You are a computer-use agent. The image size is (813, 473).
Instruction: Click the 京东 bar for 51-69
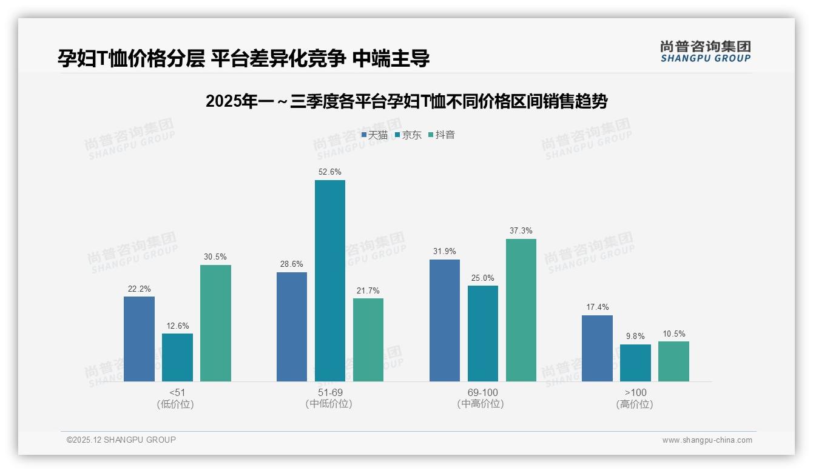click(x=329, y=281)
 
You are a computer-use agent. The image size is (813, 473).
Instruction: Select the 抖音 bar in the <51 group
click(x=215, y=323)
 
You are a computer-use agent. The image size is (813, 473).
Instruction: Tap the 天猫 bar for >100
click(x=597, y=348)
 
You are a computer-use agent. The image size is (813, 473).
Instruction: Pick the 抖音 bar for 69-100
click(x=521, y=310)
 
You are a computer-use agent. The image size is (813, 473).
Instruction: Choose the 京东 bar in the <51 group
click(x=177, y=357)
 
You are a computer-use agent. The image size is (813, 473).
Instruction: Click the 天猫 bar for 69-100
click(x=444, y=320)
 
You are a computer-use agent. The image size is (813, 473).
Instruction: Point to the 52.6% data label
click(x=329, y=172)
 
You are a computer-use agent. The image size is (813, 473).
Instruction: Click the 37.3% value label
click(x=521, y=231)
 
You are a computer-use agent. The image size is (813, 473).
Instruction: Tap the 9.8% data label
click(x=635, y=337)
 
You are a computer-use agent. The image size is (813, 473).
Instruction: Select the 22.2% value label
click(x=139, y=289)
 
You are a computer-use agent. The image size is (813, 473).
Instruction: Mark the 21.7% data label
click(x=368, y=290)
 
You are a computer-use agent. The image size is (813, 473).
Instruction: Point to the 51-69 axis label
click(x=329, y=392)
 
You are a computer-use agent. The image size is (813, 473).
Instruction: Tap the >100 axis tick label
click(x=635, y=392)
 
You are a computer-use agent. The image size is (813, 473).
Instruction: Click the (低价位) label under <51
click(x=175, y=404)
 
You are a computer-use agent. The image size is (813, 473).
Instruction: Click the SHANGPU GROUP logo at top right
click(x=705, y=52)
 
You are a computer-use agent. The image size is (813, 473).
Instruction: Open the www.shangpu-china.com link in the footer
click(x=707, y=440)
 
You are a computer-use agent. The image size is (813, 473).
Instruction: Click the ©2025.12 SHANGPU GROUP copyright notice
click(x=121, y=440)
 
